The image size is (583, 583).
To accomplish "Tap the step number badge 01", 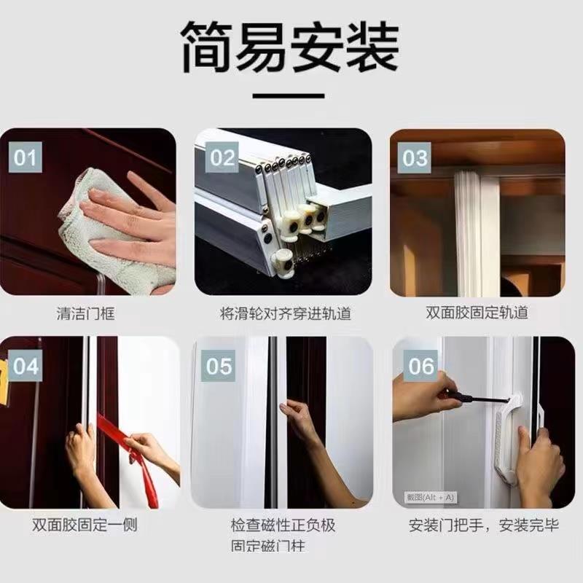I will pos(25,157).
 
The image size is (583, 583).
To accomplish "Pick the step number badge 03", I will pos(416,157).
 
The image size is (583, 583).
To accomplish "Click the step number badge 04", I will pos(25,365).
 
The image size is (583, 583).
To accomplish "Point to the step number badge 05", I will pos(219,365).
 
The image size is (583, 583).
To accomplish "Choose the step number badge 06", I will pos(421,365).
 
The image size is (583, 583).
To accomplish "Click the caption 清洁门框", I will pos(86,314).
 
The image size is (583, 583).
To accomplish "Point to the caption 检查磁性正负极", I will pos(283,525).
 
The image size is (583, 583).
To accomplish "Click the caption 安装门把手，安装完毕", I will pos(483,524).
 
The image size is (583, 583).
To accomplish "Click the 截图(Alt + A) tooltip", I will pos(430,497).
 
